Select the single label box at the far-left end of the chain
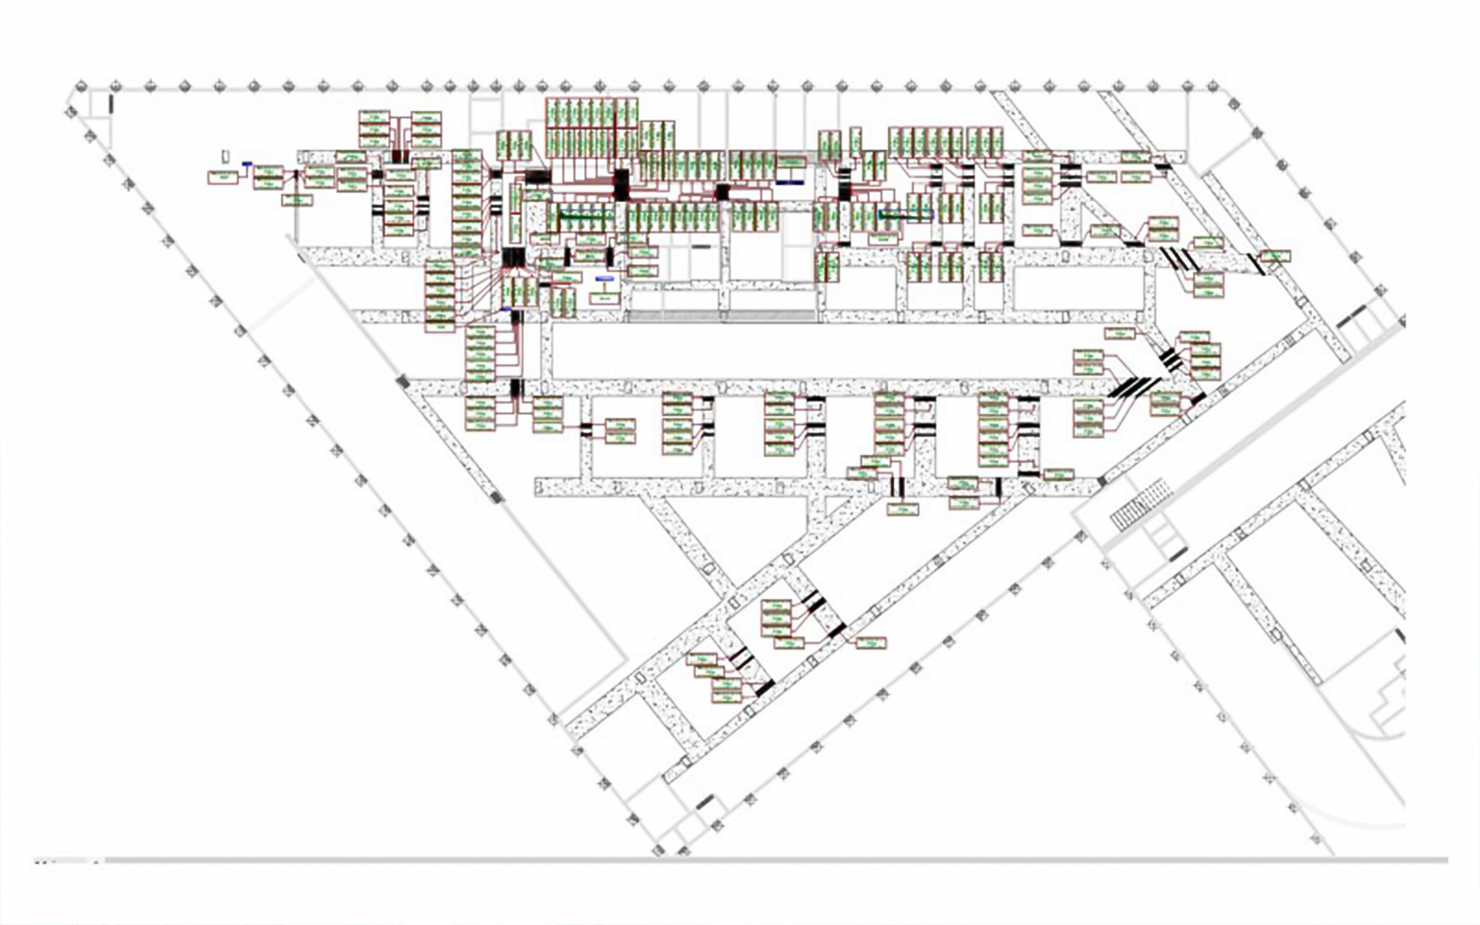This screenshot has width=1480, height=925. (x=223, y=177)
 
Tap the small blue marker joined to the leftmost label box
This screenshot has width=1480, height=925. (x=247, y=163)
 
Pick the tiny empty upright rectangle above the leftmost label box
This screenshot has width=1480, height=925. (x=225, y=156)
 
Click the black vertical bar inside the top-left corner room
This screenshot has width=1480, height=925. (x=111, y=103)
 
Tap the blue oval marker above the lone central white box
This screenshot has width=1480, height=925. (x=604, y=278)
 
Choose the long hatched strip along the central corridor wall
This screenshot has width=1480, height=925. (x=721, y=315)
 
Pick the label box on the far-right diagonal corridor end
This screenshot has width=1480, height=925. (x=1276, y=256)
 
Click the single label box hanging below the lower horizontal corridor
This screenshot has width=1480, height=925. (x=902, y=510)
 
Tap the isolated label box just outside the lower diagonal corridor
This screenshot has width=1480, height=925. (x=870, y=642)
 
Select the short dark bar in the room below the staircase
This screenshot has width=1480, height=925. (x=1177, y=554)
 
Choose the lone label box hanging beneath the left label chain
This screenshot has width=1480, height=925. (x=297, y=200)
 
